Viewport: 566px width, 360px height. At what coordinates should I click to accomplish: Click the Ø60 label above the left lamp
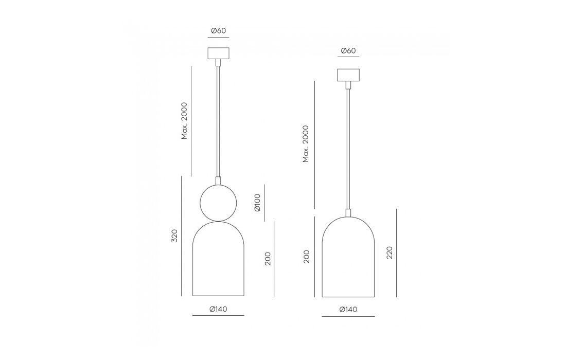(x=218, y=31)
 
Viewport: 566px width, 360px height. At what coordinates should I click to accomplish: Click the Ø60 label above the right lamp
(x=348, y=50)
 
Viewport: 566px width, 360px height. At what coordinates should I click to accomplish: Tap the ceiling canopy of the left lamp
(x=218, y=53)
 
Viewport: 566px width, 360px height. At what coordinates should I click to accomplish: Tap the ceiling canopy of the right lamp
(x=348, y=75)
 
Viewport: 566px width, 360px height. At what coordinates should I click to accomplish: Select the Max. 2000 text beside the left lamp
(x=184, y=121)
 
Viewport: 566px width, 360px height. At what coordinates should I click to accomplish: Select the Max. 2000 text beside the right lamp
(x=306, y=143)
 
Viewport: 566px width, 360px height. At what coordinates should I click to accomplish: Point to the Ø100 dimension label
(x=257, y=203)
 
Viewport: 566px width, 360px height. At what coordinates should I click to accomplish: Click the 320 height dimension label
(x=175, y=236)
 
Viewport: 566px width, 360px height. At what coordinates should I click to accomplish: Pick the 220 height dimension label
(x=389, y=253)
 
